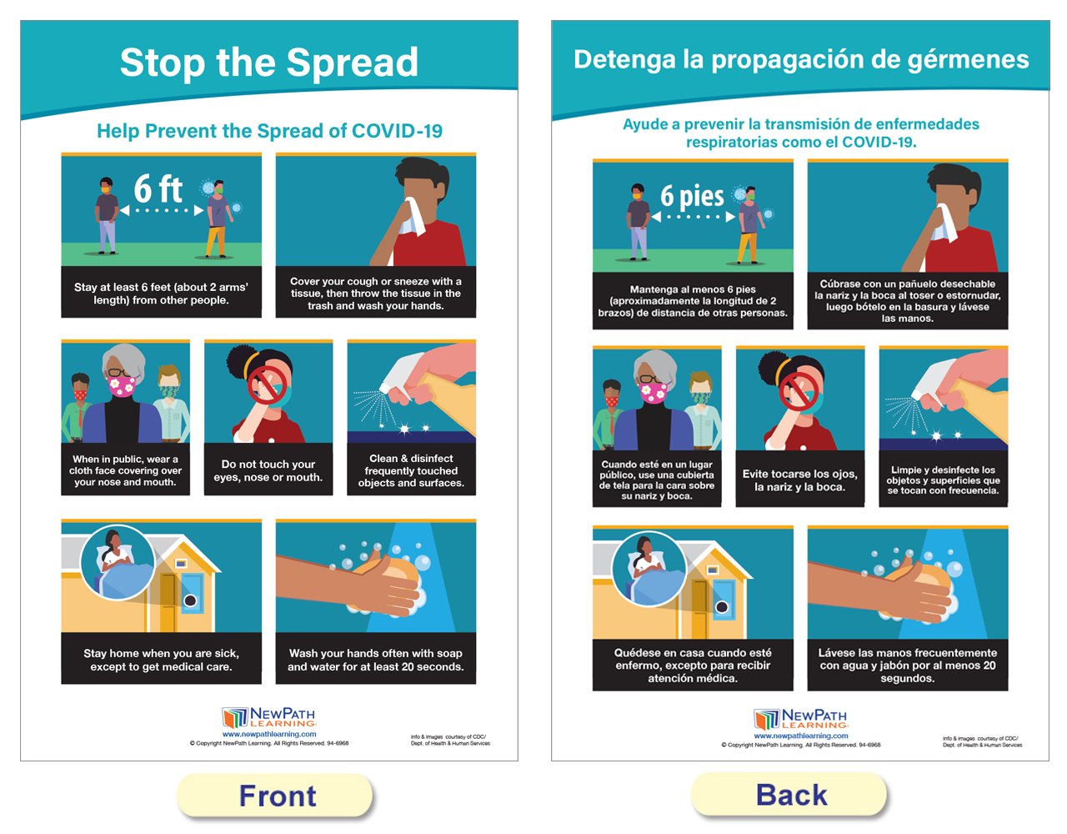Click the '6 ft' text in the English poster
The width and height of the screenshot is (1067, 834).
pos(158,188)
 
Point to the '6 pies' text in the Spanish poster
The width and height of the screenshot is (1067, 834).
pos(692,196)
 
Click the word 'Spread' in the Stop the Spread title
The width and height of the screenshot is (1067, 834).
pos(352,63)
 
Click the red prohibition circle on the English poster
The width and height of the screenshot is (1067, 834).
pos(267,385)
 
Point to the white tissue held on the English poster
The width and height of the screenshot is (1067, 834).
pos(413,218)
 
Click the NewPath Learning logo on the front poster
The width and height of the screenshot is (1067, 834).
pos(269,717)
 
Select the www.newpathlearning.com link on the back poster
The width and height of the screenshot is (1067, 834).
pos(801,736)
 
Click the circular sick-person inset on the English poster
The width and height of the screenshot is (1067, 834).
pos(118,562)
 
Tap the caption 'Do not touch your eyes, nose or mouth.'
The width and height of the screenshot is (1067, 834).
pos(268,470)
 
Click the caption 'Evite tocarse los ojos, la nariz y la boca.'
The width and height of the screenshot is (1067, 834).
pos(800,480)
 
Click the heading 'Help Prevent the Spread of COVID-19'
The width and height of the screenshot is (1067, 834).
pos(269,131)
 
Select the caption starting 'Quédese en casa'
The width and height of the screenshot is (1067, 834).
pos(693,665)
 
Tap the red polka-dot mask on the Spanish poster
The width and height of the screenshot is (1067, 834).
pos(611,401)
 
